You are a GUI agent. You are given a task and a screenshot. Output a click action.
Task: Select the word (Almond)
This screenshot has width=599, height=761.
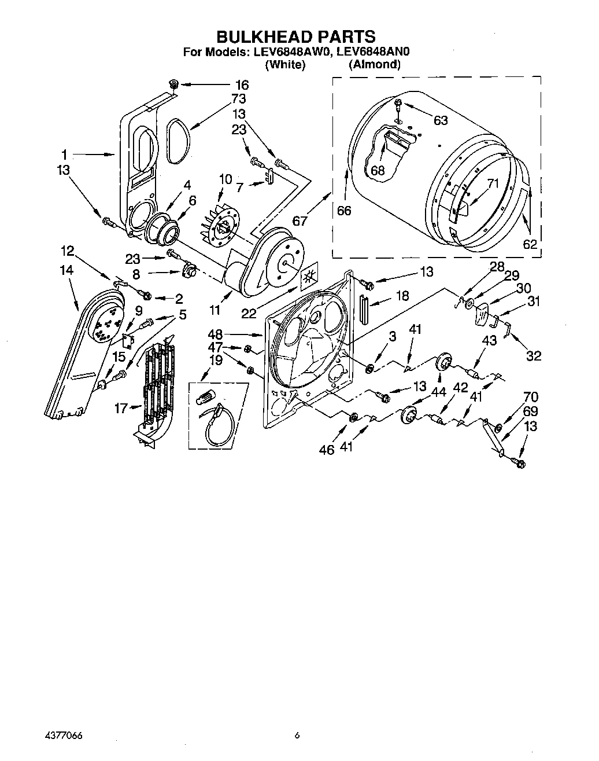pos(374,64)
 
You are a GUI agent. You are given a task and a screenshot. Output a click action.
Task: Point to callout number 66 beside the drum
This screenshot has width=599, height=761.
pos(344,211)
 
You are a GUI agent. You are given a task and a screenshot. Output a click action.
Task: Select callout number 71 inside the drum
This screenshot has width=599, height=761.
pos(493,184)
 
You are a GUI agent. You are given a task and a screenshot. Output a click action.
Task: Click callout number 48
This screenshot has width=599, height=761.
pos(215,334)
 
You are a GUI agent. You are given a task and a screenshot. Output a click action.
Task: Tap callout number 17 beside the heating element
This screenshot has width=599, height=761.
pos(120,409)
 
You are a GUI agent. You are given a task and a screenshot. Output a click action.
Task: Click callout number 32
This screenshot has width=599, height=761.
pos(533,355)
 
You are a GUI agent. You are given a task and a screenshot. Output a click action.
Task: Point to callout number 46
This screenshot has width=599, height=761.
pos(327,449)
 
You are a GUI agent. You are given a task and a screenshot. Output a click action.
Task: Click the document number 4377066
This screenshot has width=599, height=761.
pos(64,736)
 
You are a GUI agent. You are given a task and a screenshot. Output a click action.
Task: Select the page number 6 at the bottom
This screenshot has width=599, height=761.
pos(297,736)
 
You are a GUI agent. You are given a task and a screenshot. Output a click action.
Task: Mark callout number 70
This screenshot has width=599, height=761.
pos(531,397)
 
